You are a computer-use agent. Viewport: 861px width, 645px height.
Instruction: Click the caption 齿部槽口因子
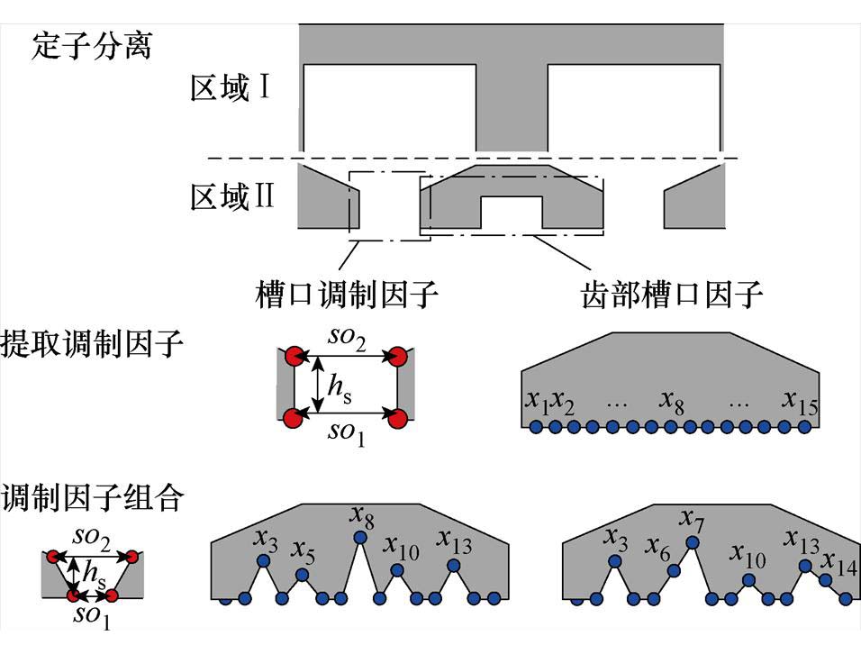[672, 294]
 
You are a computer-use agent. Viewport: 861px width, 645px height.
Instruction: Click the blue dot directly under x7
[692, 542]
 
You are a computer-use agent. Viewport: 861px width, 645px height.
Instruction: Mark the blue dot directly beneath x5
[302, 574]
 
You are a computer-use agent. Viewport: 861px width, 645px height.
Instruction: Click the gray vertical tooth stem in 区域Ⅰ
[511, 108]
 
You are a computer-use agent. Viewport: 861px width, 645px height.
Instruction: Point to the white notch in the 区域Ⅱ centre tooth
[512, 213]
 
